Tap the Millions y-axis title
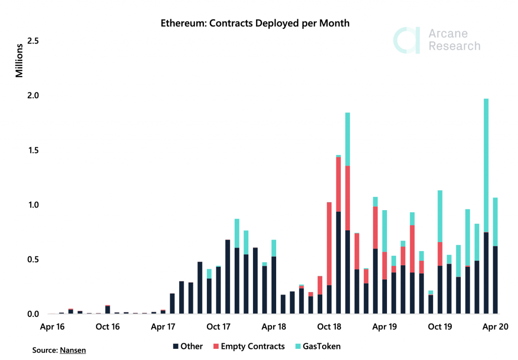click(19, 61)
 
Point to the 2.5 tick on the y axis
click(33, 41)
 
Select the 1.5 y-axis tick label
click(33, 150)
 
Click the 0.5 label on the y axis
click(33, 260)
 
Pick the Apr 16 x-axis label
click(53, 327)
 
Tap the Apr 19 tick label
click(384, 327)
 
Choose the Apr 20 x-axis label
click(492, 327)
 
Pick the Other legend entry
click(188, 347)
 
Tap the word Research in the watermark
click(453, 46)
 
